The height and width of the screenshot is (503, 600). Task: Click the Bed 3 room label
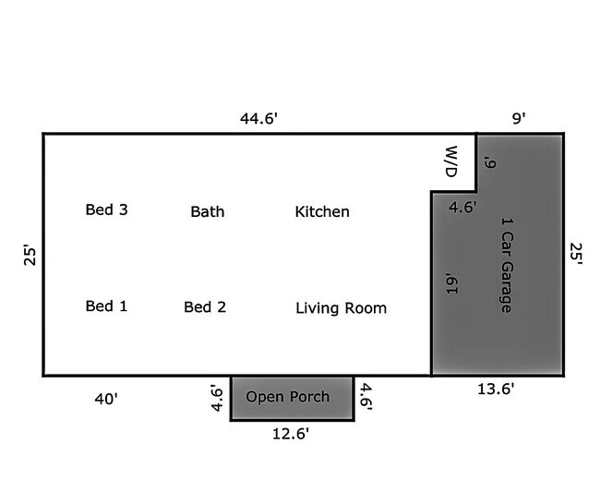click(107, 210)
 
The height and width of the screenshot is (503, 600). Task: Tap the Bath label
click(208, 211)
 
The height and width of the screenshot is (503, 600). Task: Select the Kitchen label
click(322, 211)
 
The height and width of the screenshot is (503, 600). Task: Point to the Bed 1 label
click(106, 306)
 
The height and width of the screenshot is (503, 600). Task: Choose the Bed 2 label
click(205, 307)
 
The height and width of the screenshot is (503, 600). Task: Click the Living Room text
click(341, 308)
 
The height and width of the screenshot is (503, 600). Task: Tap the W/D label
click(451, 162)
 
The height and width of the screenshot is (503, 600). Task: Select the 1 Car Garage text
click(507, 266)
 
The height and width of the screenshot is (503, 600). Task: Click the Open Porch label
click(288, 397)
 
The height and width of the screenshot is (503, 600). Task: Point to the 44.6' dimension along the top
click(258, 118)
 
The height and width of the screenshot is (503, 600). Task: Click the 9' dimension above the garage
click(519, 118)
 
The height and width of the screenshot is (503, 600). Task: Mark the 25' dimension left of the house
click(30, 255)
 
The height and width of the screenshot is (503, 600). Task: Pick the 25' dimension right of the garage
click(576, 254)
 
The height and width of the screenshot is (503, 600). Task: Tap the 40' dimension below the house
click(106, 399)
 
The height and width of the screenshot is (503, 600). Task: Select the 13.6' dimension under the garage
click(496, 389)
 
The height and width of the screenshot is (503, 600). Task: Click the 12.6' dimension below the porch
click(291, 434)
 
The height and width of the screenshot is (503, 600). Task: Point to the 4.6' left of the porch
click(217, 398)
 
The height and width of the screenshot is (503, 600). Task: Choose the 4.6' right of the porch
click(366, 397)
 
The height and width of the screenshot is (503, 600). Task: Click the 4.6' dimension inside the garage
click(463, 207)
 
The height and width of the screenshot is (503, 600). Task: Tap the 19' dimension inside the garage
click(452, 283)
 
